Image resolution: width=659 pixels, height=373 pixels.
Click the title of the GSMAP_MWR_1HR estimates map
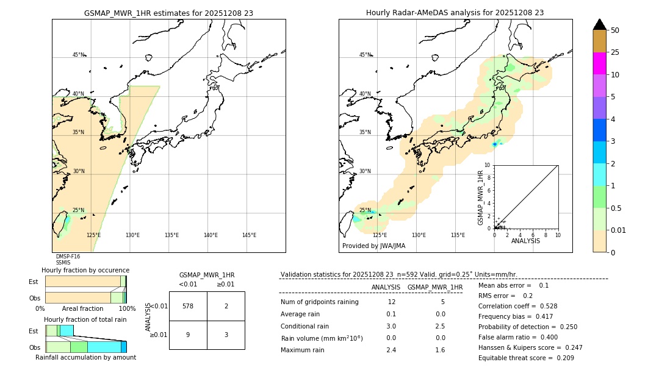point(168,13)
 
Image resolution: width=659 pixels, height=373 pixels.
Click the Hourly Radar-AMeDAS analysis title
point(455,13)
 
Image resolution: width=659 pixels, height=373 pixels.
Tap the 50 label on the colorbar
point(615,30)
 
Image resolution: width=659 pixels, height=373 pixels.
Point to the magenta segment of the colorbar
point(599,63)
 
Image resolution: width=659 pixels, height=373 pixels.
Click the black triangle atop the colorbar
point(599,24)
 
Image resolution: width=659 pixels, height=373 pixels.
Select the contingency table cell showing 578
point(188,306)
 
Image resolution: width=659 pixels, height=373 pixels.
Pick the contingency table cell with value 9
point(188,335)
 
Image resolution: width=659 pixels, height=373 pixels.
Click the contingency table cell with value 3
point(226,335)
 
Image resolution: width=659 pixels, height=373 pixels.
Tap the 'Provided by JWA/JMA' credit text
point(373,246)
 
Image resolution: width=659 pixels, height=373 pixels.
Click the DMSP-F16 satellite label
point(68,257)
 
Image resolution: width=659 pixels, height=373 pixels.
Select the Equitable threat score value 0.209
point(561,358)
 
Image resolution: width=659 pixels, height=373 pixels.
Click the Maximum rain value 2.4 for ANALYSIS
point(391,350)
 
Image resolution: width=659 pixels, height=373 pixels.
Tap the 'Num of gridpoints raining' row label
point(320,302)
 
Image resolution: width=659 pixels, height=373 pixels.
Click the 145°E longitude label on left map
point(249,235)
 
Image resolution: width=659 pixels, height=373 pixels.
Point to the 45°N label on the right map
point(365,55)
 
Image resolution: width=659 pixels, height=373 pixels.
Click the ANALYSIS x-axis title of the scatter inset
point(525,241)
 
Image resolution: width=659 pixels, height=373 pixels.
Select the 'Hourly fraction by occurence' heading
point(85,270)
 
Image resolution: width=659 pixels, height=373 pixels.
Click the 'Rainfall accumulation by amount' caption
point(85,357)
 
